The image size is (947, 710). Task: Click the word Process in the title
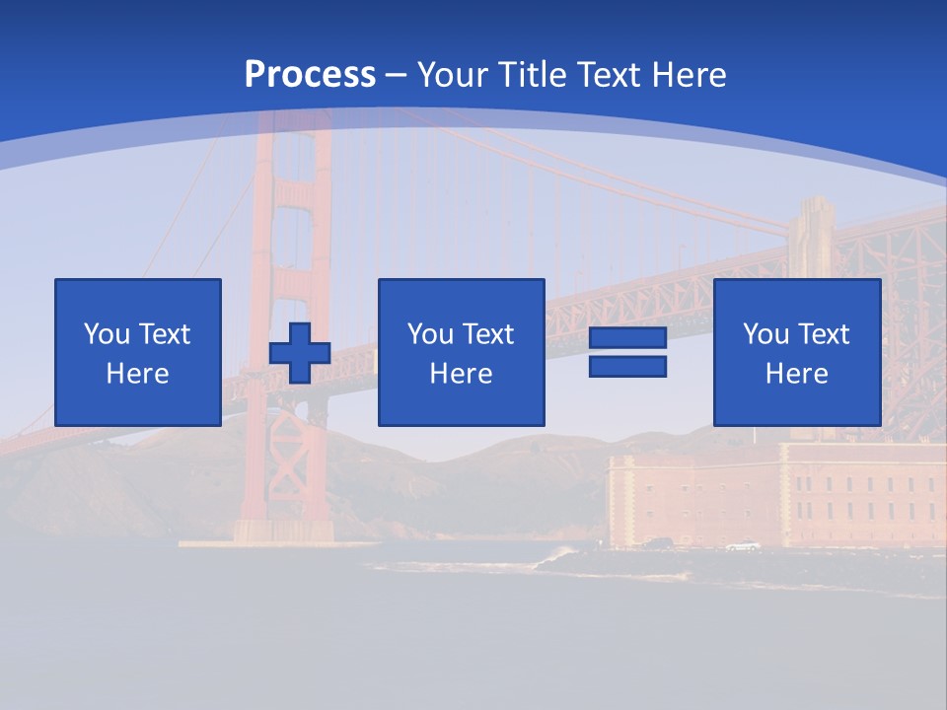pyautogui.click(x=310, y=75)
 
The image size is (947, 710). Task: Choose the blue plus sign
pyautogui.click(x=300, y=353)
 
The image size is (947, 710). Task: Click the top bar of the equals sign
pyautogui.click(x=627, y=338)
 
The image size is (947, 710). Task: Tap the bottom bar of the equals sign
pyautogui.click(x=627, y=366)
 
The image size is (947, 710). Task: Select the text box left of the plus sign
pyautogui.click(x=138, y=353)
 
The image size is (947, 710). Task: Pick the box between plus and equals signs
pyautogui.click(x=462, y=353)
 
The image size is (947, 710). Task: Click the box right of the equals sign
pyautogui.click(x=797, y=353)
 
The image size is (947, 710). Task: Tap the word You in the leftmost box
pyautogui.click(x=106, y=334)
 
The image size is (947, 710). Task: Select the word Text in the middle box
pyautogui.click(x=487, y=334)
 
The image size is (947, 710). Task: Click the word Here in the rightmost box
pyautogui.click(x=797, y=374)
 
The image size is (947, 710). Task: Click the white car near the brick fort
pyautogui.click(x=742, y=545)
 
